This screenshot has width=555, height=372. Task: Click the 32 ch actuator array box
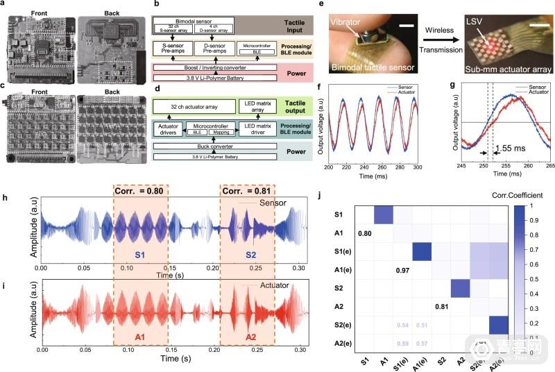click(190, 105)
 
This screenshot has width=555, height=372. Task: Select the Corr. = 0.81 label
click(247, 192)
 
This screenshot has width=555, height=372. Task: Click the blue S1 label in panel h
click(141, 254)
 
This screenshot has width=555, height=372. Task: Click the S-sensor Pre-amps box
click(183, 49)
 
